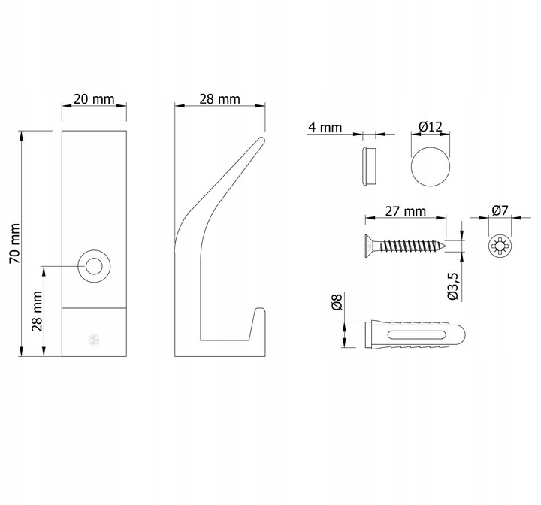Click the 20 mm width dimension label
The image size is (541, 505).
pos(94,99)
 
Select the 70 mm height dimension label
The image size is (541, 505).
pos(15,243)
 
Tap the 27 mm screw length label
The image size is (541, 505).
pos(406,211)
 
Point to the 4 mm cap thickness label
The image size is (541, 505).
pos(325,127)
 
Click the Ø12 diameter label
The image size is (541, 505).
pos(431,127)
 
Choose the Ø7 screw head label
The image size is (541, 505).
pos(500,210)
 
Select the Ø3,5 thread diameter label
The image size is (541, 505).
pos(453,286)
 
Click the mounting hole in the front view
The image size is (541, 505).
pos(94,267)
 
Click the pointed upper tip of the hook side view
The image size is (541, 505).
pos(262,140)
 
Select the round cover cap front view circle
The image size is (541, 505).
pos(431,167)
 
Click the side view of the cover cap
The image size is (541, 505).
pos(368,166)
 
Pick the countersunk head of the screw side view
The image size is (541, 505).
pos(369,246)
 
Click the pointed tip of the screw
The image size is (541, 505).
pos(445,246)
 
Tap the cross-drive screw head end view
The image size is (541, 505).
pos(500,246)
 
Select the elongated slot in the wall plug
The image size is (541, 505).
pos(416,335)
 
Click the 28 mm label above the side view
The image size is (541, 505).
pos(219,99)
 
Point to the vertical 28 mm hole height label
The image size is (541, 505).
pos(37,311)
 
